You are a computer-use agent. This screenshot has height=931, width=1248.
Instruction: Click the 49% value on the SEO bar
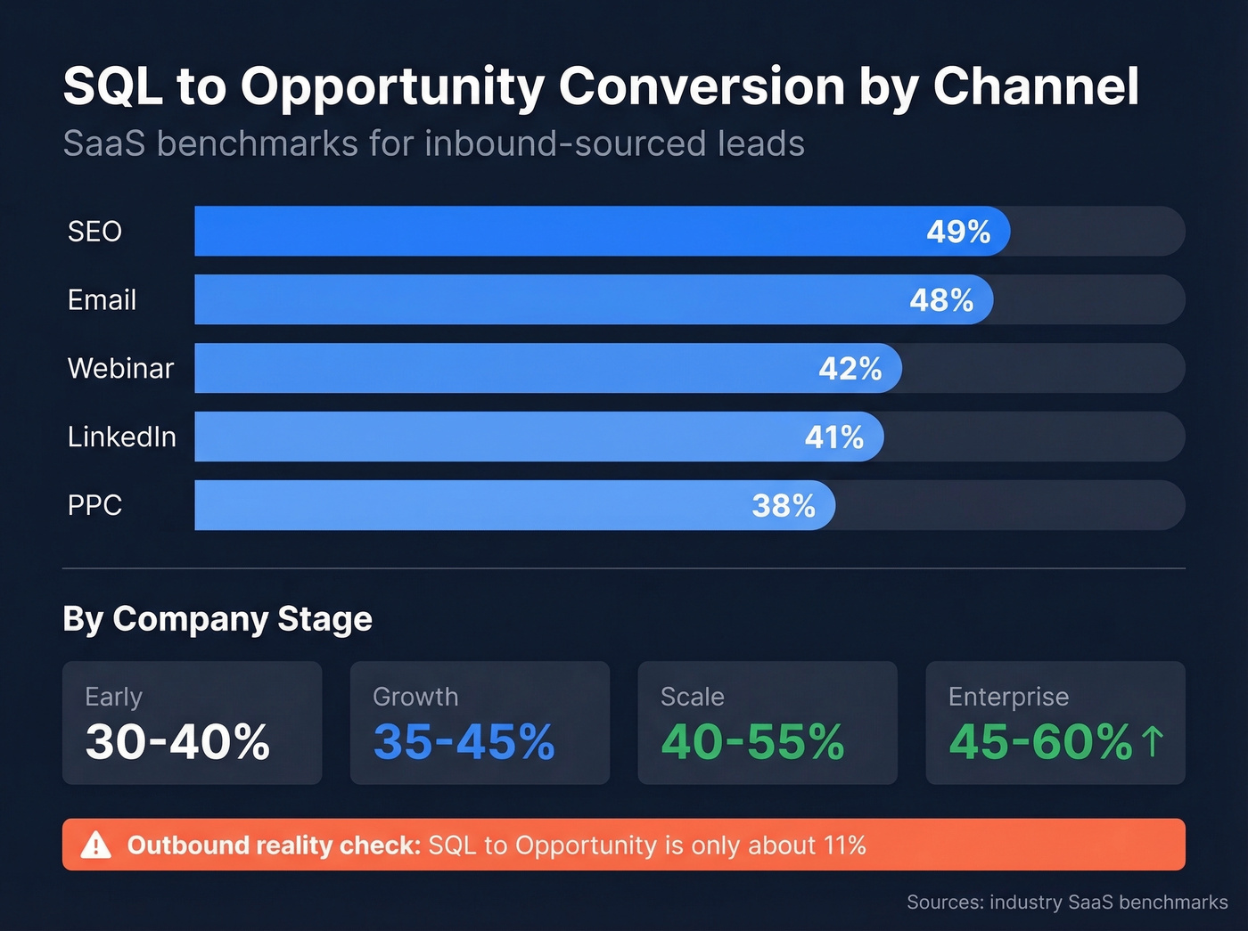(958, 232)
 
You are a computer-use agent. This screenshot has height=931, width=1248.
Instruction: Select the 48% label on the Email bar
(941, 300)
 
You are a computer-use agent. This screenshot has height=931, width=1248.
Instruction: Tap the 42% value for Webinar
(850, 369)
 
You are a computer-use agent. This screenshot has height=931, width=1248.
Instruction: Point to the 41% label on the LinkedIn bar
(834, 437)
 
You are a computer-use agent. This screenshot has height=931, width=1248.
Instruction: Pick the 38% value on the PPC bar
(784, 506)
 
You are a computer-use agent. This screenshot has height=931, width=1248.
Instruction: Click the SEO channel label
(94, 232)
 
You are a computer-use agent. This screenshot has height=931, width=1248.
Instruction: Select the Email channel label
(102, 300)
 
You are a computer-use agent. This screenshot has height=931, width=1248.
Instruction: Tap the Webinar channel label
(120, 369)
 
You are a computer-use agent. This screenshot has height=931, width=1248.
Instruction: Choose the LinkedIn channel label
(122, 437)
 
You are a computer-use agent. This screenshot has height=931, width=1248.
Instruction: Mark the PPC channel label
(94, 506)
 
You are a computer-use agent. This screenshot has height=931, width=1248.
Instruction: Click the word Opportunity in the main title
(390, 87)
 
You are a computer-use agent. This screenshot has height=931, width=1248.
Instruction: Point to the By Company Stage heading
(218, 619)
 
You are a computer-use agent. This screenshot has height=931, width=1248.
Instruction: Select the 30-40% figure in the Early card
(177, 742)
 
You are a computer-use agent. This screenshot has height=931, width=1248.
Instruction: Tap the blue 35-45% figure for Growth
(464, 742)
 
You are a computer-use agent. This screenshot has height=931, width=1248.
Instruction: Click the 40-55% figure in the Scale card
(752, 742)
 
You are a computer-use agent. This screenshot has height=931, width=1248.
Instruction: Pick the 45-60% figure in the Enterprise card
(1040, 742)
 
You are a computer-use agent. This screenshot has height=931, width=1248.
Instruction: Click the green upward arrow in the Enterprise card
(1153, 741)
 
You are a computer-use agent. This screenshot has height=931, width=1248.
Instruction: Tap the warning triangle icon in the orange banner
(96, 845)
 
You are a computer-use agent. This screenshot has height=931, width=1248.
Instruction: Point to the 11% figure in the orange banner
(844, 845)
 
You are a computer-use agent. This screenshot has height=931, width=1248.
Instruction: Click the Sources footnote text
(1067, 902)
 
